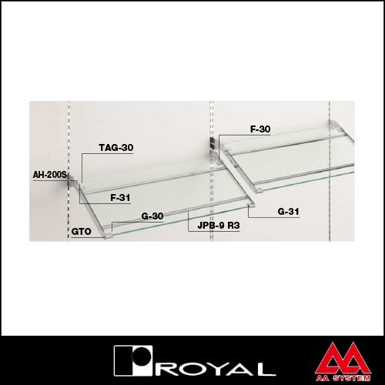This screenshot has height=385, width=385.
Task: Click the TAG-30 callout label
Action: [x=116, y=148]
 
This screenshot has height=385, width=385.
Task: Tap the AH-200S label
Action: [x=50, y=175]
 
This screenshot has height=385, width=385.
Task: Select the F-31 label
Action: [x=120, y=198]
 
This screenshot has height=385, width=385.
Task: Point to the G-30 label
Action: [x=152, y=216]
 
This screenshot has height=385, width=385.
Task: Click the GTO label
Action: [x=81, y=232]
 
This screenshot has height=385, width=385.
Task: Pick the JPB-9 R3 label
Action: [x=219, y=226]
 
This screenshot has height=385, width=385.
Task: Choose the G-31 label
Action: [x=288, y=212]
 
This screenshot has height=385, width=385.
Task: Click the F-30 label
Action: [x=260, y=129]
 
